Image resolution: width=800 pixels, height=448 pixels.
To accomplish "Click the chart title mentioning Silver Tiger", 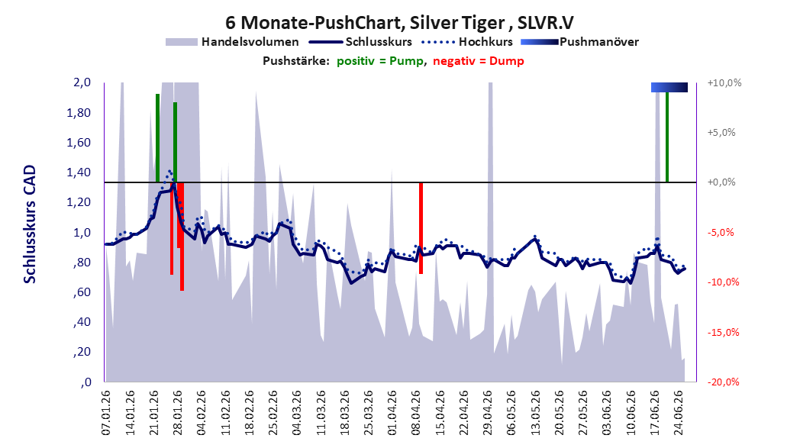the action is pos(399,23).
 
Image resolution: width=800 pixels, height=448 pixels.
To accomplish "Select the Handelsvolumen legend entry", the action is pos(232,42).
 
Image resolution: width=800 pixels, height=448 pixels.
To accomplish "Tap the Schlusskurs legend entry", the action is pos(360,42).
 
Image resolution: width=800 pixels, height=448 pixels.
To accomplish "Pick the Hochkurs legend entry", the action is pos(467,42).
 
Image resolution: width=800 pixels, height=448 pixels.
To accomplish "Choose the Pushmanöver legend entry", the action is pos(579,42).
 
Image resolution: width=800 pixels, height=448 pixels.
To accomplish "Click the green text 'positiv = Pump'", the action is pos(380,61).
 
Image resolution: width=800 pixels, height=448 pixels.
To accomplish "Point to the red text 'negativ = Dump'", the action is pos(479,61).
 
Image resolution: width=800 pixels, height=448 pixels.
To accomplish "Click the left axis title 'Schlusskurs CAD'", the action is pos(30,224).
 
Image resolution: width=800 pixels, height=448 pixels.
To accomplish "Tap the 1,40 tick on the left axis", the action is pos(79,172).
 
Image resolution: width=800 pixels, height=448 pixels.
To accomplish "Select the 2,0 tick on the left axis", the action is pos(82,82).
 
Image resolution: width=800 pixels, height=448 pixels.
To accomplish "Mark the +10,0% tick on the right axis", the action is pos(724,82).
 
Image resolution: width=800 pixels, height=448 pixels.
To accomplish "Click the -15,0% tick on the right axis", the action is pos(724,332).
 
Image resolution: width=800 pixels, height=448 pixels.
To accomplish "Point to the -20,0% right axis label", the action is pos(724,382).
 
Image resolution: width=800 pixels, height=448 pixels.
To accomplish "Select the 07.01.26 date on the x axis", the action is pos(105,413).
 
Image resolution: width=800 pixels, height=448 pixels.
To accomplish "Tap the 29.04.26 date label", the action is pos(487,413).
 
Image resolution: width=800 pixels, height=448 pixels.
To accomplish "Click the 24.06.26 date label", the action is pos(678,413).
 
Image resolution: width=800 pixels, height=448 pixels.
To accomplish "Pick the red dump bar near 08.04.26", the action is pos(421,228).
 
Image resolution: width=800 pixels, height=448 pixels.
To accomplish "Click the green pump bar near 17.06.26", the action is pos(667,137).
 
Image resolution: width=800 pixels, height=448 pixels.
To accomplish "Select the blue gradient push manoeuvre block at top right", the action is pos(669,87).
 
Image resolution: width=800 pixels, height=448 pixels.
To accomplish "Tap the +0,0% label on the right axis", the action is pos(721,182).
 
